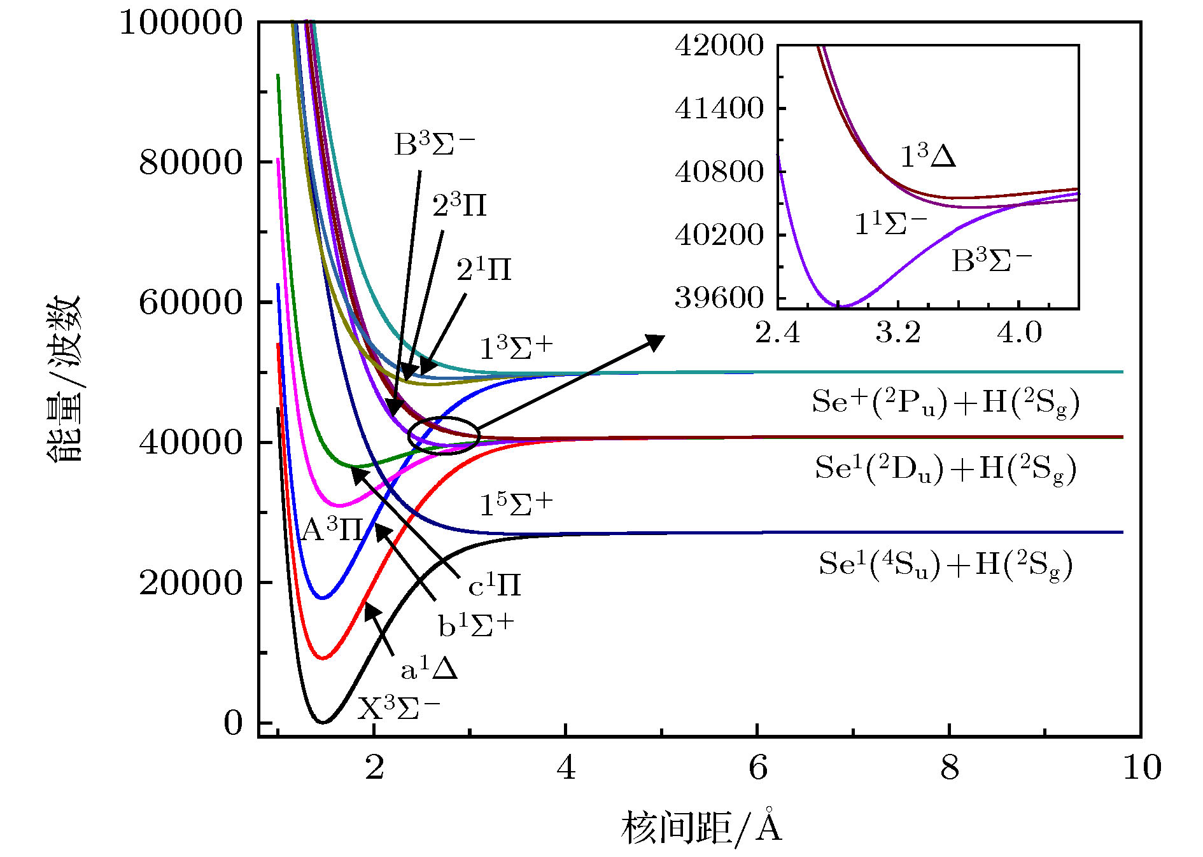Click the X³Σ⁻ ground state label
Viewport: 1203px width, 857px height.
(398, 707)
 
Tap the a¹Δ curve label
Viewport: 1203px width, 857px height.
(429, 669)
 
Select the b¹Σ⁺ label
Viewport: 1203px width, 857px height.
(475, 625)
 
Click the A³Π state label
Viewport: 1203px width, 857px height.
(332, 529)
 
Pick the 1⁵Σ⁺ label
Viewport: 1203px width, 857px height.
(516, 505)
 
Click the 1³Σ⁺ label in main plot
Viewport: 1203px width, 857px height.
(516, 348)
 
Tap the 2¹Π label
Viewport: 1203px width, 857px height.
(484, 270)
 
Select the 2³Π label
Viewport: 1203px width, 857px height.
(459, 206)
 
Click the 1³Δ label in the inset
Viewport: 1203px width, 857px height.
(927, 156)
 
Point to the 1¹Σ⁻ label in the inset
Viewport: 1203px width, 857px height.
(890, 223)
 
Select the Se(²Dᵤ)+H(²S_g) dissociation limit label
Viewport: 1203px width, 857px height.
(945, 470)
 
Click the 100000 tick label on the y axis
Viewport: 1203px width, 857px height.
(181, 23)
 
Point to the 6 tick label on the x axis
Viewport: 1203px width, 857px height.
(757, 768)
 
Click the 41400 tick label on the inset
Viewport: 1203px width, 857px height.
(719, 109)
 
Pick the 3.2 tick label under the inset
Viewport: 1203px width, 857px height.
(898, 332)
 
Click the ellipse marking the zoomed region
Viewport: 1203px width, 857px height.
(444, 435)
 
